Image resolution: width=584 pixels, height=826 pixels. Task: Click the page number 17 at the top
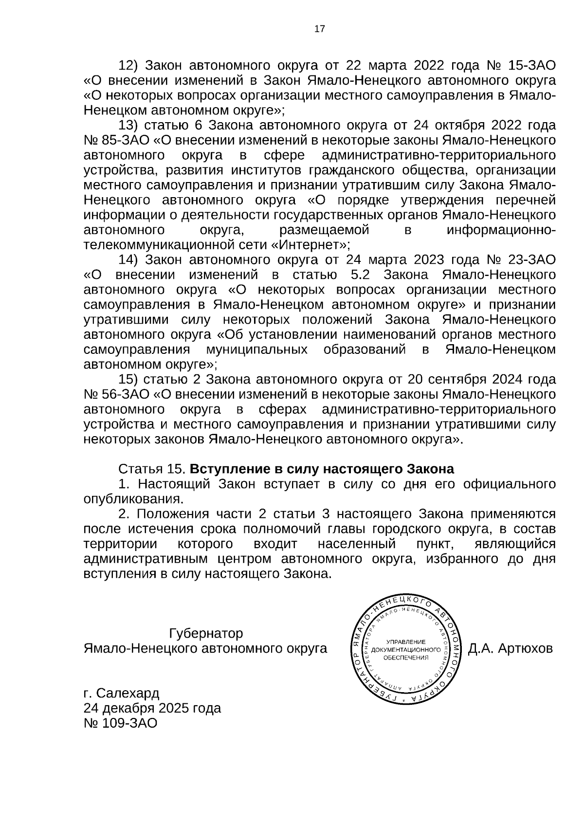pyautogui.click(x=319, y=29)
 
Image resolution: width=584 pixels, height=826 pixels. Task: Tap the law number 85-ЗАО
pyautogui.click(x=125, y=140)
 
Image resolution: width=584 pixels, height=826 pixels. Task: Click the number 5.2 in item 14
pyautogui.click(x=359, y=275)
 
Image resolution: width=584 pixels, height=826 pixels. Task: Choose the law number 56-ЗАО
pyautogui.click(x=125, y=394)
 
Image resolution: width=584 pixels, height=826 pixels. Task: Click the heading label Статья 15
pyautogui.click(x=152, y=469)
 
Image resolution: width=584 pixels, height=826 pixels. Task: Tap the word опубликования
pyautogui.click(x=133, y=499)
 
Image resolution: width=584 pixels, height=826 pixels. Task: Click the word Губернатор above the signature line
pyautogui.click(x=205, y=634)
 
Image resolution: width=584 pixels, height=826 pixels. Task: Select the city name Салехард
pyautogui.click(x=128, y=693)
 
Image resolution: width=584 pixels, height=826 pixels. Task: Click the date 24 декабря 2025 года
pyautogui.click(x=152, y=708)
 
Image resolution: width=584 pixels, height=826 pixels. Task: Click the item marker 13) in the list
pyautogui.click(x=129, y=126)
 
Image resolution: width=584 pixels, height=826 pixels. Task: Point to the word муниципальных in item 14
pyautogui.click(x=257, y=350)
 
